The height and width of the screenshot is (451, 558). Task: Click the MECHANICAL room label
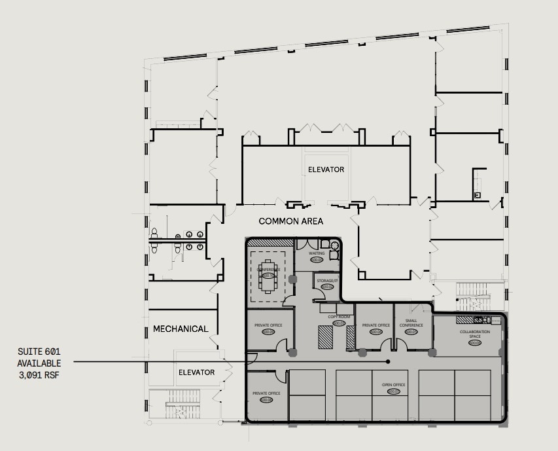coord(181,329)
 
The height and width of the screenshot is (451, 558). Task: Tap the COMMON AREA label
coord(290,221)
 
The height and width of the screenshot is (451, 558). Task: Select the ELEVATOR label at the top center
coord(326,170)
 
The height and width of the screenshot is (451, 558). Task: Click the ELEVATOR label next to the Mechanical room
coord(196,372)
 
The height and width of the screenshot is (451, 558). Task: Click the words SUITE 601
coord(39,352)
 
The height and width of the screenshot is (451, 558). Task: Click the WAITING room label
coord(317,253)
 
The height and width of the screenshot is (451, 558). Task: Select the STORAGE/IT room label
coord(326,281)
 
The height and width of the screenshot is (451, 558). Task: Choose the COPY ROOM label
coord(338,317)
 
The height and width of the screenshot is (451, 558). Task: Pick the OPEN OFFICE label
coord(393,385)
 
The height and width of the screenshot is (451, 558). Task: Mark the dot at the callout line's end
coord(388,361)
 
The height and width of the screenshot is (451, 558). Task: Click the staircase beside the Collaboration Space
coord(472,296)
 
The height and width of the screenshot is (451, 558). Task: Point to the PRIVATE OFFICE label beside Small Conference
coord(375,325)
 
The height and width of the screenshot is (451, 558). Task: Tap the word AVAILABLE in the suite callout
coord(39,363)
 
